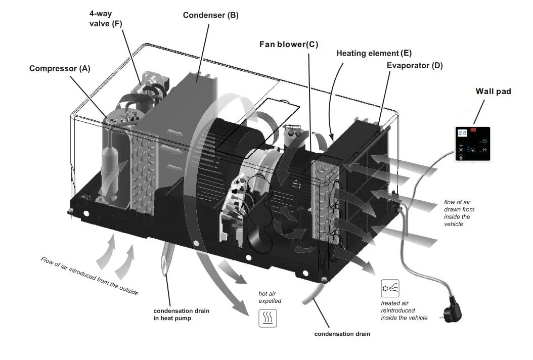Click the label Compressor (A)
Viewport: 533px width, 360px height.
coord(59,68)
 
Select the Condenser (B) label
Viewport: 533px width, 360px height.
coord(210,15)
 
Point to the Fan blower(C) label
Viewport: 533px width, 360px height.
coord(288,44)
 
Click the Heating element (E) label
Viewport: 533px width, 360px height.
coord(374,53)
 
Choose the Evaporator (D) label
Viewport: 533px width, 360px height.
coord(415,65)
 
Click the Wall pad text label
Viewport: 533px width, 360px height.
coord(493,92)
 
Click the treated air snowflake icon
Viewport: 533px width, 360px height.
coord(390,288)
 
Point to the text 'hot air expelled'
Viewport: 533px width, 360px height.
coord(270,297)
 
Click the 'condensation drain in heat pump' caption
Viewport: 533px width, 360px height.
coord(181,314)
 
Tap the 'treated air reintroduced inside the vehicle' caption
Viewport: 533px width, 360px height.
coord(404,310)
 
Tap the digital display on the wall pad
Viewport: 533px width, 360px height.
coord(462,132)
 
